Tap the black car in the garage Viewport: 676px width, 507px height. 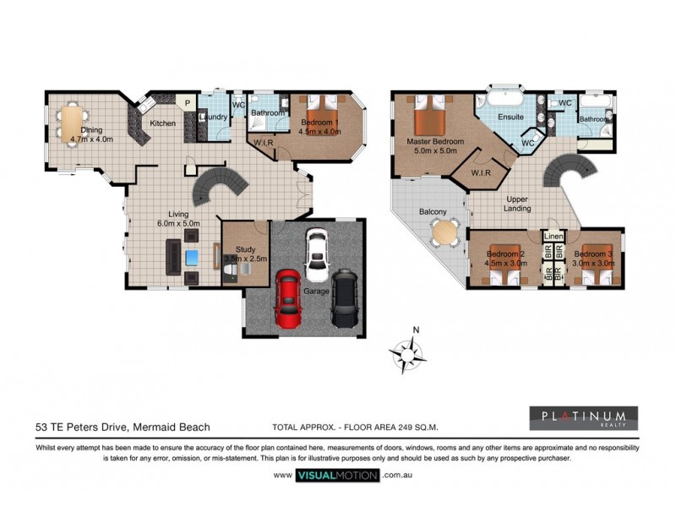[x=345, y=297]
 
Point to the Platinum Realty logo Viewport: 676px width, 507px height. [x=583, y=418]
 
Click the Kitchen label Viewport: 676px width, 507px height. [x=163, y=123]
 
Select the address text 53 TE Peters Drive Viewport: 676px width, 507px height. [x=123, y=428]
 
